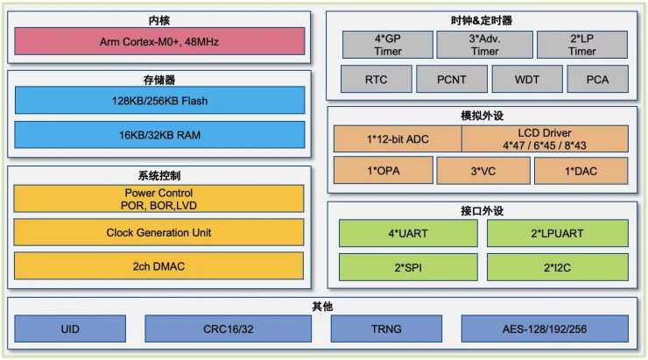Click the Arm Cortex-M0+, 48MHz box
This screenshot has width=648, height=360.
point(160,41)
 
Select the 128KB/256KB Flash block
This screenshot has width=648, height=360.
point(160,101)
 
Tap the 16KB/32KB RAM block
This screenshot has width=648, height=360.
point(160,134)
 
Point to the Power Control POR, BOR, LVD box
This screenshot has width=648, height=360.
point(159,199)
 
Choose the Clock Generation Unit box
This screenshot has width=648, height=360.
point(159,232)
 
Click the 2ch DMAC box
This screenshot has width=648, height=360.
point(159,265)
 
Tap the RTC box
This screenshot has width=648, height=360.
point(377,80)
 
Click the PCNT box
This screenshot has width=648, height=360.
point(452,80)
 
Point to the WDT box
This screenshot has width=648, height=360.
point(527,80)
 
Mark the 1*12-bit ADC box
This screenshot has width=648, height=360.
point(398,138)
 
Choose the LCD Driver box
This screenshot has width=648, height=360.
point(545,138)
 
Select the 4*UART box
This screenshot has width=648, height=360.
point(408,234)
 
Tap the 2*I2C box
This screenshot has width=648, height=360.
point(557,266)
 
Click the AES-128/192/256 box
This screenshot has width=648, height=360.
point(545,329)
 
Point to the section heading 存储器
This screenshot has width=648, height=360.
point(159,80)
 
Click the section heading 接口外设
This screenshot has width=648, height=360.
point(482,211)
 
